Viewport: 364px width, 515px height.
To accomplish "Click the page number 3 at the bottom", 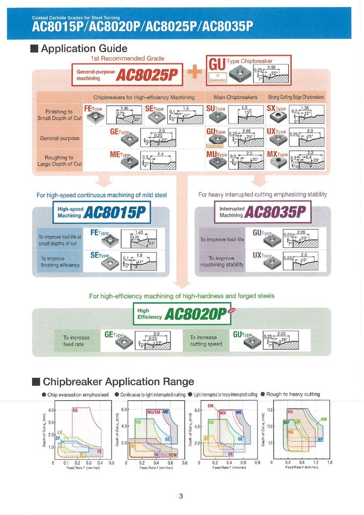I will coord(181,495).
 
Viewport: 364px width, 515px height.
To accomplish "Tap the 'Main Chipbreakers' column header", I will coord(235,97).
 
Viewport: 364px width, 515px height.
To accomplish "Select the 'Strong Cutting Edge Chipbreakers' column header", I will coord(296,97).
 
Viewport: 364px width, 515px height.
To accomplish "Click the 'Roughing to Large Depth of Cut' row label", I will coord(60,160).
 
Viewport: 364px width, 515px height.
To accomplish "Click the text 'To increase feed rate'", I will coord(77,341).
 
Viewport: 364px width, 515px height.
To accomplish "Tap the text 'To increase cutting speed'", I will coord(206,341).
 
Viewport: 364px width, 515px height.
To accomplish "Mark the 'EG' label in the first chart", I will coord(75,410).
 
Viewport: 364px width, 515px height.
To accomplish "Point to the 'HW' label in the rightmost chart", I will coord(323,419).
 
